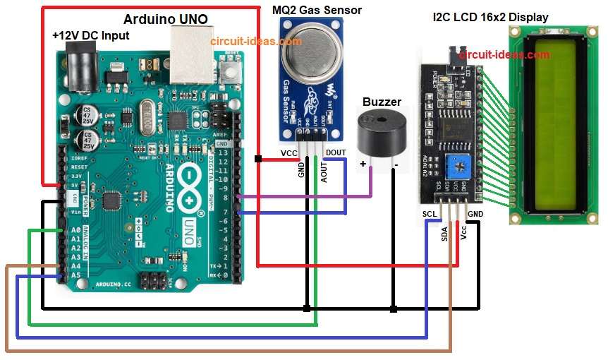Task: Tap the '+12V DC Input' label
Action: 90,35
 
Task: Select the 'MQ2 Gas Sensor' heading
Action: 317,9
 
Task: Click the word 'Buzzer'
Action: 382,102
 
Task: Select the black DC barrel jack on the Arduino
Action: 78,67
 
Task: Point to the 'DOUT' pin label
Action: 336,152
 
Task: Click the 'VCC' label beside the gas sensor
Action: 289,152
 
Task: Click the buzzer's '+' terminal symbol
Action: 363,164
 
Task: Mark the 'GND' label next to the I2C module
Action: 475,213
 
